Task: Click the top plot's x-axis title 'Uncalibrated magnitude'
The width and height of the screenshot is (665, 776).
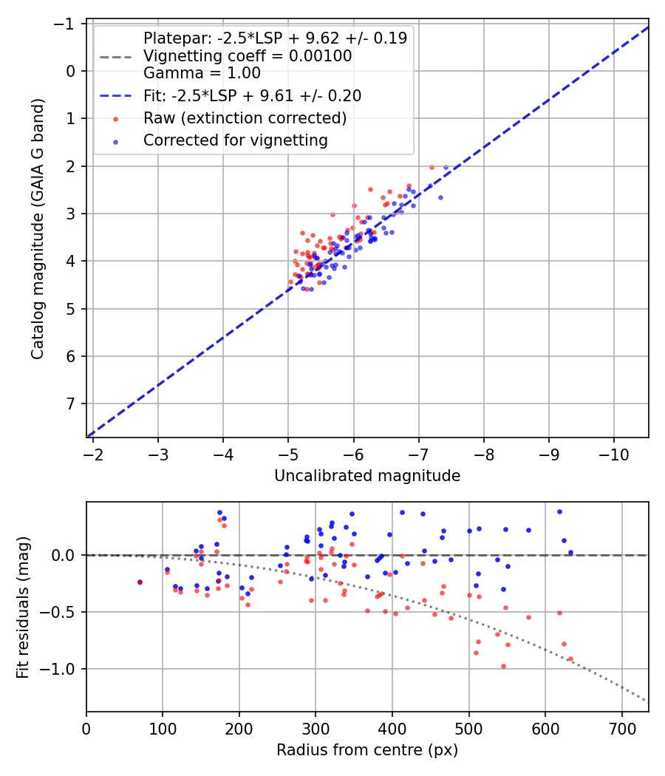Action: click(x=367, y=476)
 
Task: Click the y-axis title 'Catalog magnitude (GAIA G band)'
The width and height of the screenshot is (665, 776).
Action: click(x=38, y=228)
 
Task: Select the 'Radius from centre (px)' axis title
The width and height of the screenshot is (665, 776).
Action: click(x=367, y=750)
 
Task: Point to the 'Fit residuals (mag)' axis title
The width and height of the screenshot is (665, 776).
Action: click(x=22, y=607)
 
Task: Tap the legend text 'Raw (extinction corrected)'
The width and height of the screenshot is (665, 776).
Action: click(x=245, y=118)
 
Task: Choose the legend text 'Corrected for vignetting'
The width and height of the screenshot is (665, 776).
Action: click(x=235, y=140)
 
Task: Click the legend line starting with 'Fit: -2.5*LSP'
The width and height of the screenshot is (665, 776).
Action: click(x=252, y=96)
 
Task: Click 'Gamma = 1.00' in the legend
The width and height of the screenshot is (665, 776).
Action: click(x=202, y=73)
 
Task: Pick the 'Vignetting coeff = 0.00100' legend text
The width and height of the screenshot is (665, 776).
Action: click(x=248, y=56)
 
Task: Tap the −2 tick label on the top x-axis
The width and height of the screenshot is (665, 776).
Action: click(x=93, y=452)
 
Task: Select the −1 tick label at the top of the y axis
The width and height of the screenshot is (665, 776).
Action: click(x=68, y=24)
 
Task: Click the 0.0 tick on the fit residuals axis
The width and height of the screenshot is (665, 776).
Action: click(x=66, y=555)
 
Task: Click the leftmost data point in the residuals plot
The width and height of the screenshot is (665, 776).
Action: click(x=140, y=582)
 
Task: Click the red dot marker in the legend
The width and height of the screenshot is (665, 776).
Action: click(x=115, y=118)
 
